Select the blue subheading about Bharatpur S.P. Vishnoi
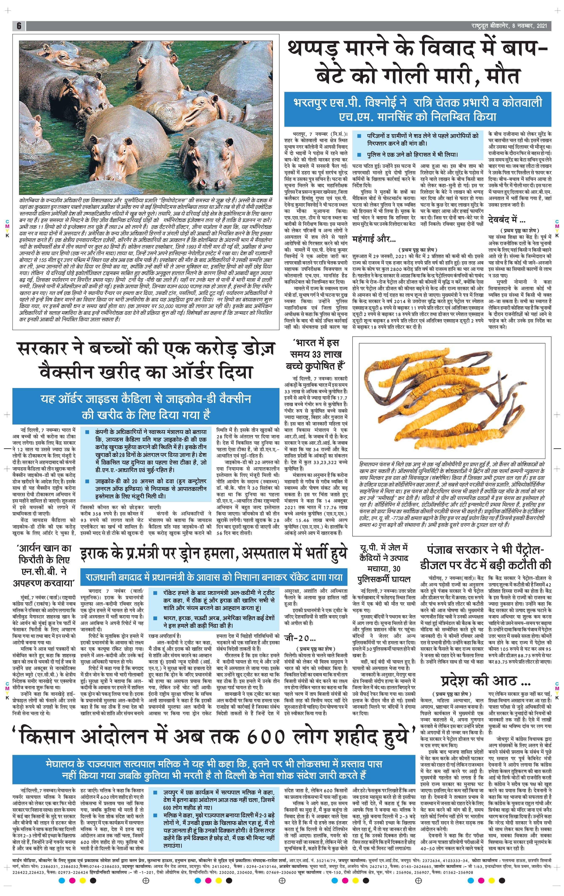[417, 109]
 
